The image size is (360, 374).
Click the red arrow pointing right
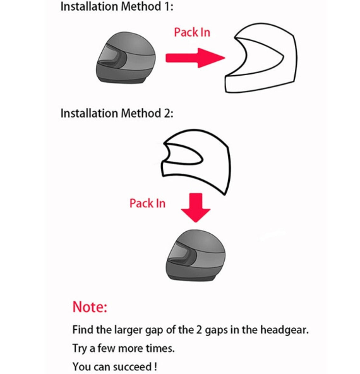[195, 58]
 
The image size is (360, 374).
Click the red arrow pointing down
[196, 208]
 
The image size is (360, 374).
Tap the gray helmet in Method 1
[126, 57]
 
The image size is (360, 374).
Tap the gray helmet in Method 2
[195, 255]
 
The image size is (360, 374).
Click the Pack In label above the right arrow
[192, 32]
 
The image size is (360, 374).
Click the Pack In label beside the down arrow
[147, 203]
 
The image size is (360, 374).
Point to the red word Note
[90, 307]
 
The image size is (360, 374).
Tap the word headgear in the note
[284, 330]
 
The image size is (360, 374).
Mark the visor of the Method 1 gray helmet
[109, 56]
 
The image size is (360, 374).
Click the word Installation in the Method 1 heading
[90, 6]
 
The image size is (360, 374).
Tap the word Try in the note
[80, 349]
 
